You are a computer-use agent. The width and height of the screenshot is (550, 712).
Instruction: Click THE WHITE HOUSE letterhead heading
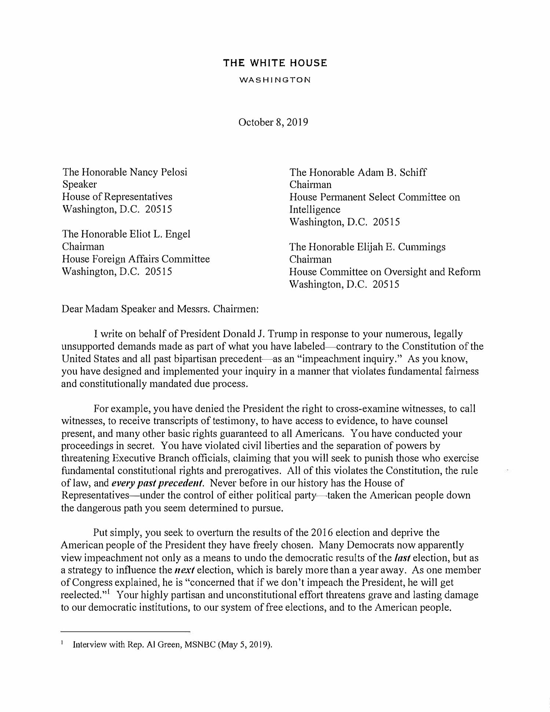pyautogui.click(x=275, y=63)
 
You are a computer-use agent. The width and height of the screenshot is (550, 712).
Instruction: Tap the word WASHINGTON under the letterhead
pyautogui.click(x=275, y=80)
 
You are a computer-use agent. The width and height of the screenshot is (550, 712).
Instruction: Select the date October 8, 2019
pyautogui.click(x=273, y=122)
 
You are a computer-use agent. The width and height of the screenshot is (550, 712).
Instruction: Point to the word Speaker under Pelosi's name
pyautogui.click(x=80, y=184)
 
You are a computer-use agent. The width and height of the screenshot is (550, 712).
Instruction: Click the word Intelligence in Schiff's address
pyautogui.click(x=315, y=210)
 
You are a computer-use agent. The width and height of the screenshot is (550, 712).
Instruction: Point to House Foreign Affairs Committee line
pyautogui.click(x=136, y=259)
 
